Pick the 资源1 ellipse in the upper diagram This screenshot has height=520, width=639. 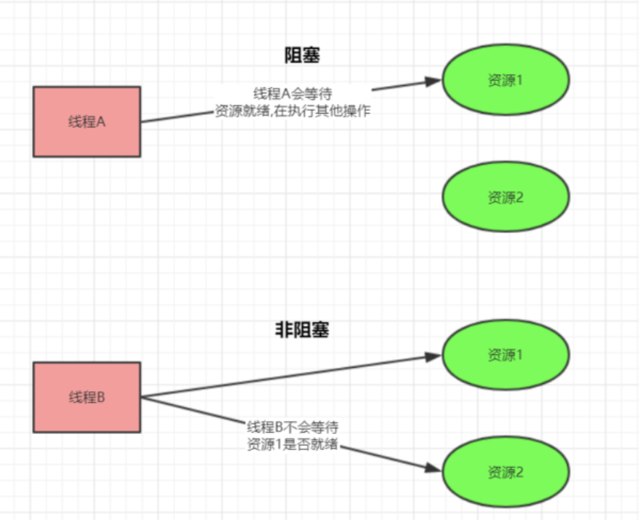click(x=506, y=80)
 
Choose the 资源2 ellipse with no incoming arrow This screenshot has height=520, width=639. click(x=506, y=197)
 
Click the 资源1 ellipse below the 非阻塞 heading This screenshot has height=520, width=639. click(x=506, y=355)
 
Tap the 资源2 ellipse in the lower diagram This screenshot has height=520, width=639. click(x=506, y=471)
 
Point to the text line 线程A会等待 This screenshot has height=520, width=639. click(x=293, y=94)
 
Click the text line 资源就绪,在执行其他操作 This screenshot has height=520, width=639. click(x=293, y=111)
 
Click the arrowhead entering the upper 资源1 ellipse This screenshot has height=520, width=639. click(x=435, y=82)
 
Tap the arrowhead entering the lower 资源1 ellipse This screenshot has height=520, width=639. click(x=435, y=356)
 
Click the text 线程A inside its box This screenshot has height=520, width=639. click(x=86, y=122)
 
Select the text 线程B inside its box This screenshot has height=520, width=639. click(x=86, y=398)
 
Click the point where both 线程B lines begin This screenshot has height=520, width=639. click(x=141, y=397)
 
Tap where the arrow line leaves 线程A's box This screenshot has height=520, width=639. click(x=141, y=122)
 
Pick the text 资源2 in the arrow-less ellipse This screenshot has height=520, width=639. click(x=506, y=197)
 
